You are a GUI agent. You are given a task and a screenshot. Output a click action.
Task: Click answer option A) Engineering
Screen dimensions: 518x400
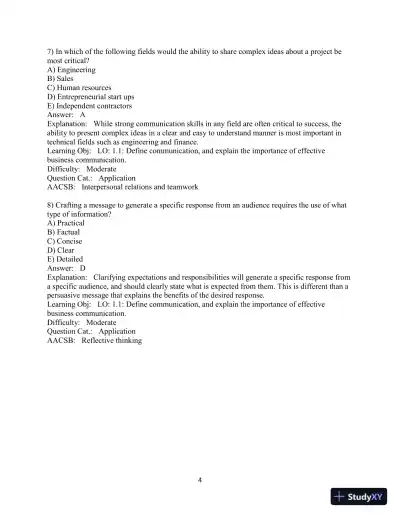71,71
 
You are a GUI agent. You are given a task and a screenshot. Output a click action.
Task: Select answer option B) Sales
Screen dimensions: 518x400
63,79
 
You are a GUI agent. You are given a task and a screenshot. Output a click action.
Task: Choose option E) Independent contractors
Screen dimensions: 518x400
90,105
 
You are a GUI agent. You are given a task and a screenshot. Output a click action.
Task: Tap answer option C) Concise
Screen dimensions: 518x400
67,239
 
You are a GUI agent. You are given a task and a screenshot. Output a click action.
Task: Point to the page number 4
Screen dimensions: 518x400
200,479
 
